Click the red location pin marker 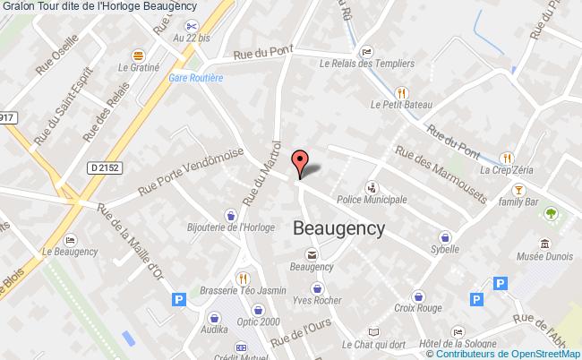(301, 163)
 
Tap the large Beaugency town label (339, 228)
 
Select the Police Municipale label (371, 199)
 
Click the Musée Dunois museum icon (544, 243)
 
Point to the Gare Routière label (196, 77)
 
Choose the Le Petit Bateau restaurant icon (402, 91)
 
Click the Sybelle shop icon (444, 236)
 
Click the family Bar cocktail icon (517, 190)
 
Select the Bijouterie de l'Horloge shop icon (231, 215)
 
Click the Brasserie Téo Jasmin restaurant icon (242, 277)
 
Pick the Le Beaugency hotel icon (71, 239)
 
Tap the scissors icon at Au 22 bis (191, 25)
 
